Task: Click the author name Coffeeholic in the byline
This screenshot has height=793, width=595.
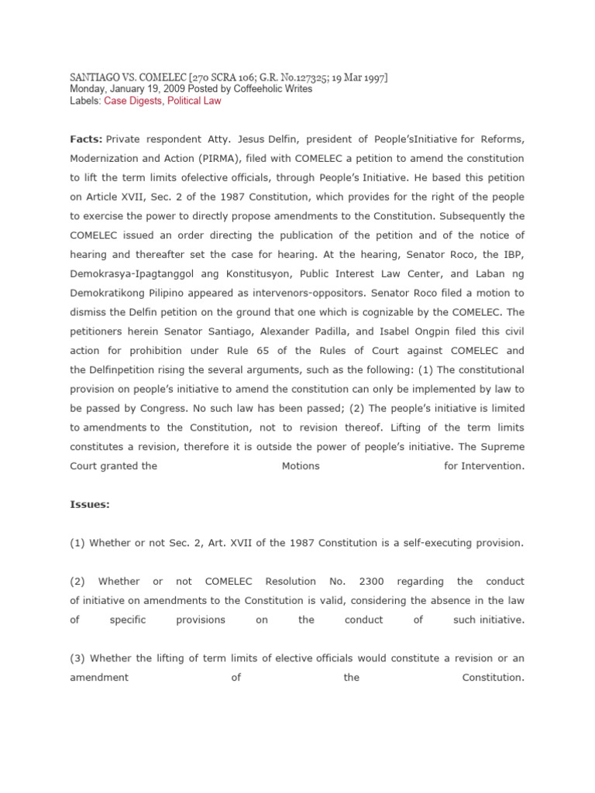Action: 249,89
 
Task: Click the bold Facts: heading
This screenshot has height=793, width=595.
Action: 86,139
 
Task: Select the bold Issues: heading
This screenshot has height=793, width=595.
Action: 90,504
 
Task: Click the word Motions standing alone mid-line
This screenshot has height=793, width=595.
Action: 301,466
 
